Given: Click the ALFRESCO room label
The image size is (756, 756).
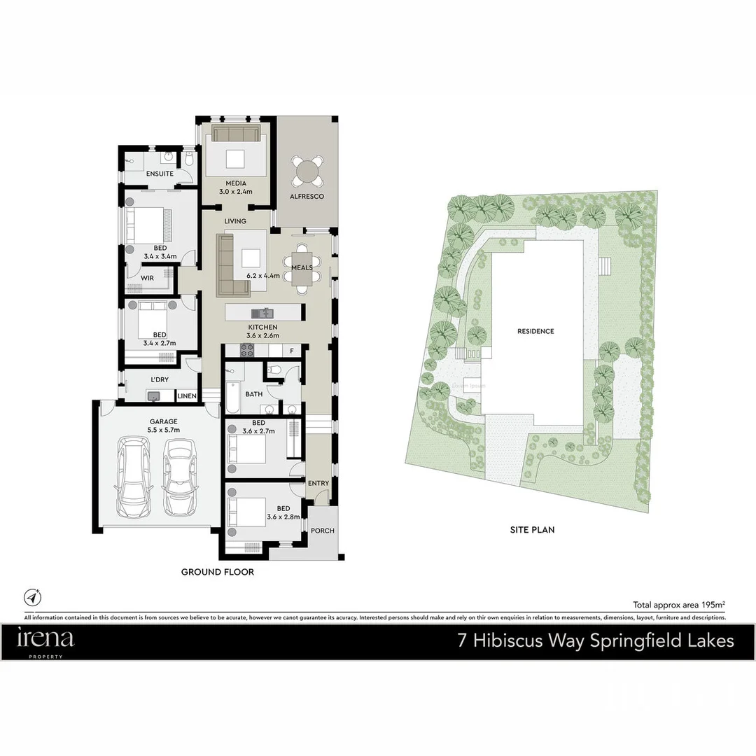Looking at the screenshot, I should pyautogui.click(x=307, y=197).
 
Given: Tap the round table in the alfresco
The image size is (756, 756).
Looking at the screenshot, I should pyautogui.click(x=308, y=171).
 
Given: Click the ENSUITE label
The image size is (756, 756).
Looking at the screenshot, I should pyautogui.click(x=160, y=174).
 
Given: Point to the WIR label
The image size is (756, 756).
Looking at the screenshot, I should pyautogui.click(x=147, y=278).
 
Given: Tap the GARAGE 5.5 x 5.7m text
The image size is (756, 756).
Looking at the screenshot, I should pyautogui.click(x=164, y=426).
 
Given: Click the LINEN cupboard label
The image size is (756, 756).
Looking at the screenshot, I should pyautogui.click(x=187, y=396).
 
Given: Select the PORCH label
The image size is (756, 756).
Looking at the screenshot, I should pyautogui.click(x=323, y=531).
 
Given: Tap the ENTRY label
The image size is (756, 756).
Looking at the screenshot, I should pyautogui.click(x=318, y=483).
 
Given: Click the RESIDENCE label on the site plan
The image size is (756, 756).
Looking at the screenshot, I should pyautogui.click(x=535, y=331).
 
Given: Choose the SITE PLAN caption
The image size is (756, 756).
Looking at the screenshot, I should pyautogui.click(x=532, y=530).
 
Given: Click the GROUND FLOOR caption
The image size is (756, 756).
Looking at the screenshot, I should pyautogui.click(x=217, y=572).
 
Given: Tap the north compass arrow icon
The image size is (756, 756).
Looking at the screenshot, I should pyautogui.click(x=32, y=597).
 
